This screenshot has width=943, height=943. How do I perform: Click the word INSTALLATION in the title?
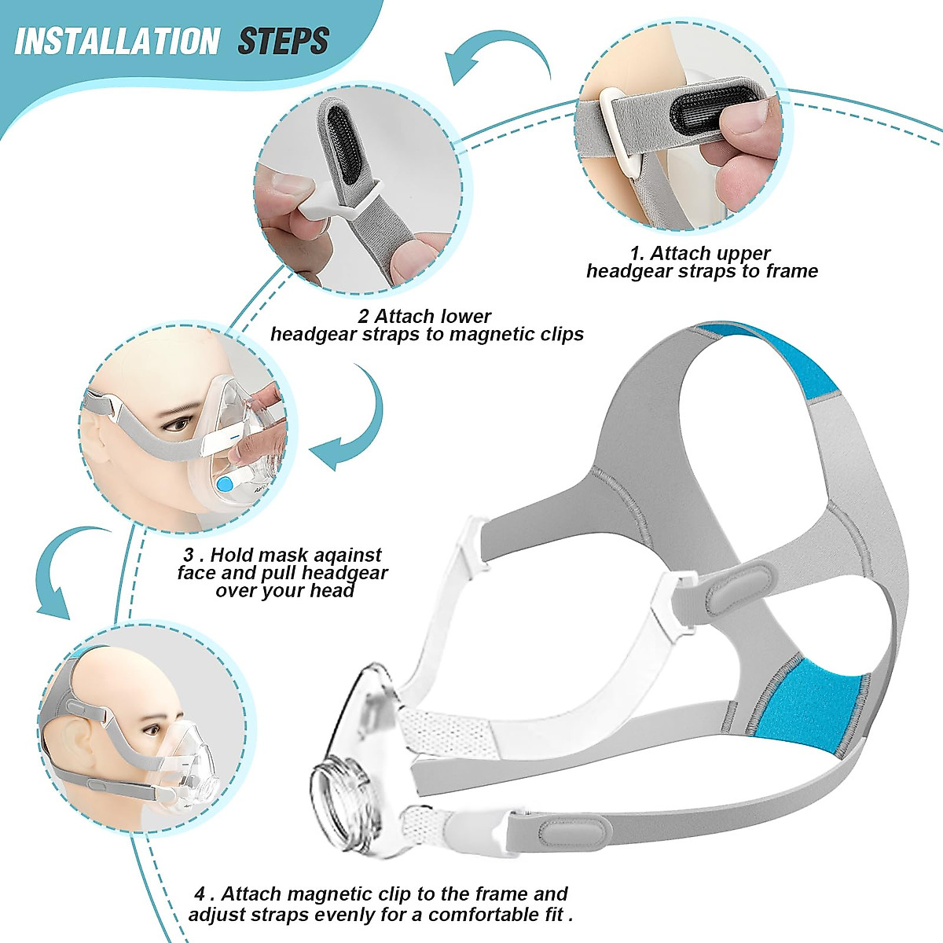(x=117, y=41)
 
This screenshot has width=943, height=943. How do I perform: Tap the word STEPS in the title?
(x=283, y=41)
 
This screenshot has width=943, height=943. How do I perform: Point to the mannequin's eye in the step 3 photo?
(x=178, y=425)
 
